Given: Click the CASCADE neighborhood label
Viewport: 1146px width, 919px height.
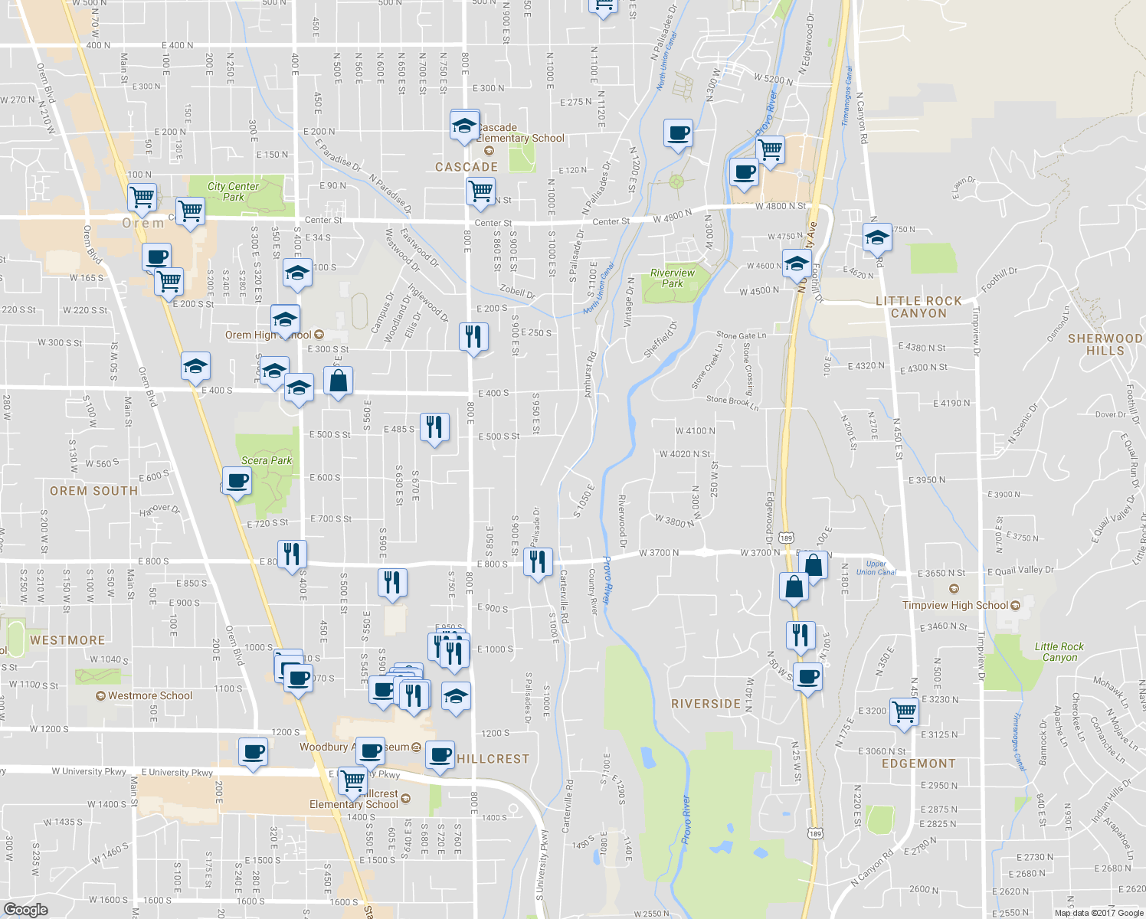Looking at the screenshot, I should [467, 167].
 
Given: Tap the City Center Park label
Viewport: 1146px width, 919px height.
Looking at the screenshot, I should [233, 191].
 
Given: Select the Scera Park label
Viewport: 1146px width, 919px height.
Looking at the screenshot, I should [267, 460].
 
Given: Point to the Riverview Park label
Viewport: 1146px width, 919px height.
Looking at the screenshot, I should [673, 278].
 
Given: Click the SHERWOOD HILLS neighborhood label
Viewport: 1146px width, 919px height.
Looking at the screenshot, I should [1105, 345].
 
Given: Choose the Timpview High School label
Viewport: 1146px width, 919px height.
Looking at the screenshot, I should [961, 605].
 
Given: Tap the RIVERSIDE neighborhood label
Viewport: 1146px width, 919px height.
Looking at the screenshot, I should [706, 704].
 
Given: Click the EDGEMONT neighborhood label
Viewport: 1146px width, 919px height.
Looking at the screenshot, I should [918, 764].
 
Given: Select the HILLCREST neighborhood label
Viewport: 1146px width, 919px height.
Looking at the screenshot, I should [493, 759].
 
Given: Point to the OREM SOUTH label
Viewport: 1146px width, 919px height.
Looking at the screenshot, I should [93, 491].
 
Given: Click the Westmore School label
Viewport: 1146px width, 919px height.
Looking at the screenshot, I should [149, 695].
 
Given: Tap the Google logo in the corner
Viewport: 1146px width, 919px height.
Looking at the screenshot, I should [26, 909].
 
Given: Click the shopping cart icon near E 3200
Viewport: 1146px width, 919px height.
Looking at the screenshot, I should [905, 711].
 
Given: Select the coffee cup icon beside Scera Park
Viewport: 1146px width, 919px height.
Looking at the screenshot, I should [237, 482].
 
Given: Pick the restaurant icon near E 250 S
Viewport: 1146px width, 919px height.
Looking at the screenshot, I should [473, 336].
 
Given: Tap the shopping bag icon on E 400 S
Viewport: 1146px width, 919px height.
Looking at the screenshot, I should [338, 380].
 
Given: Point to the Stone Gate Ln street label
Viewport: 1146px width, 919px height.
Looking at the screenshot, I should [741, 335].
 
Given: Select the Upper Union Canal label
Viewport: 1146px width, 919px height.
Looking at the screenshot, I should [876, 568].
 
